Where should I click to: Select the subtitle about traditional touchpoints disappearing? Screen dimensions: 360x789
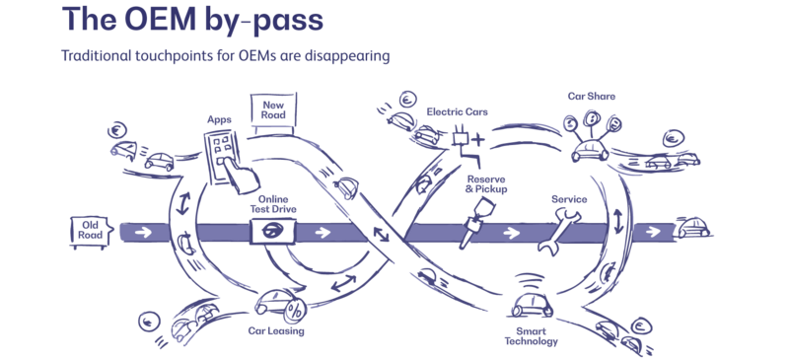pos(226,56)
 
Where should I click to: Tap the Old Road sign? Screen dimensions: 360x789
pos(87,230)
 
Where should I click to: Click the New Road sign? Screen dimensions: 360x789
pos(272,110)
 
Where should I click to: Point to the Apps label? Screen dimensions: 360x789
pos(219,116)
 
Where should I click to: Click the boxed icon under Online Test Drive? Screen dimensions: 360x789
pos(271,232)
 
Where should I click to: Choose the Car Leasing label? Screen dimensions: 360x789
pos(276,332)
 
